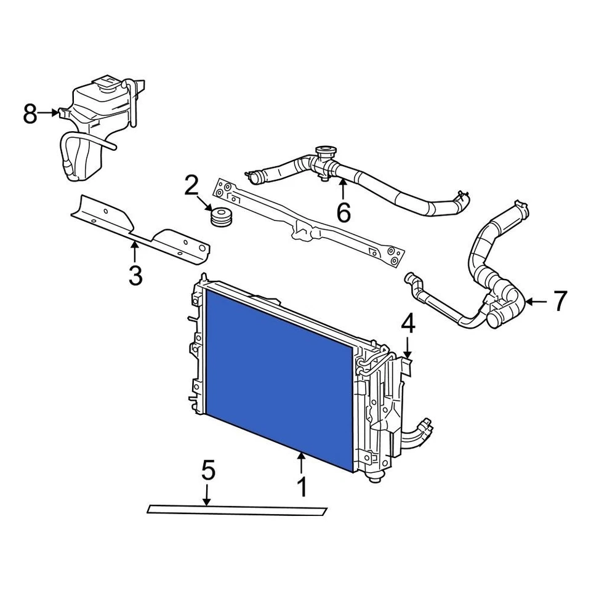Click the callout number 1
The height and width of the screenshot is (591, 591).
(x=302, y=487)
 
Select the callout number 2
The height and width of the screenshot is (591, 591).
(x=191, y=184)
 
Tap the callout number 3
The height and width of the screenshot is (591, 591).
(x=135, y=275)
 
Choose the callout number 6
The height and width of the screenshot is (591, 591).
(x=344, y=212)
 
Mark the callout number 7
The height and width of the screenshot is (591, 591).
(x=558, y=302)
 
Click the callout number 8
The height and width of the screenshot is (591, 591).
(x=30, y=113)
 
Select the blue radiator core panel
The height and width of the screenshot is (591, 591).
(x=280, y=376)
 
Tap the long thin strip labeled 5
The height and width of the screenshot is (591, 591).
(x=237, y=509)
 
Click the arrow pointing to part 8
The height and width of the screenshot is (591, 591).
(x=49, y=113)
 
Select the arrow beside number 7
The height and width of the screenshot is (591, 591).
(x=536, y=302)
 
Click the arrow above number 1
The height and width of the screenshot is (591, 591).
(x=302, y=462)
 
